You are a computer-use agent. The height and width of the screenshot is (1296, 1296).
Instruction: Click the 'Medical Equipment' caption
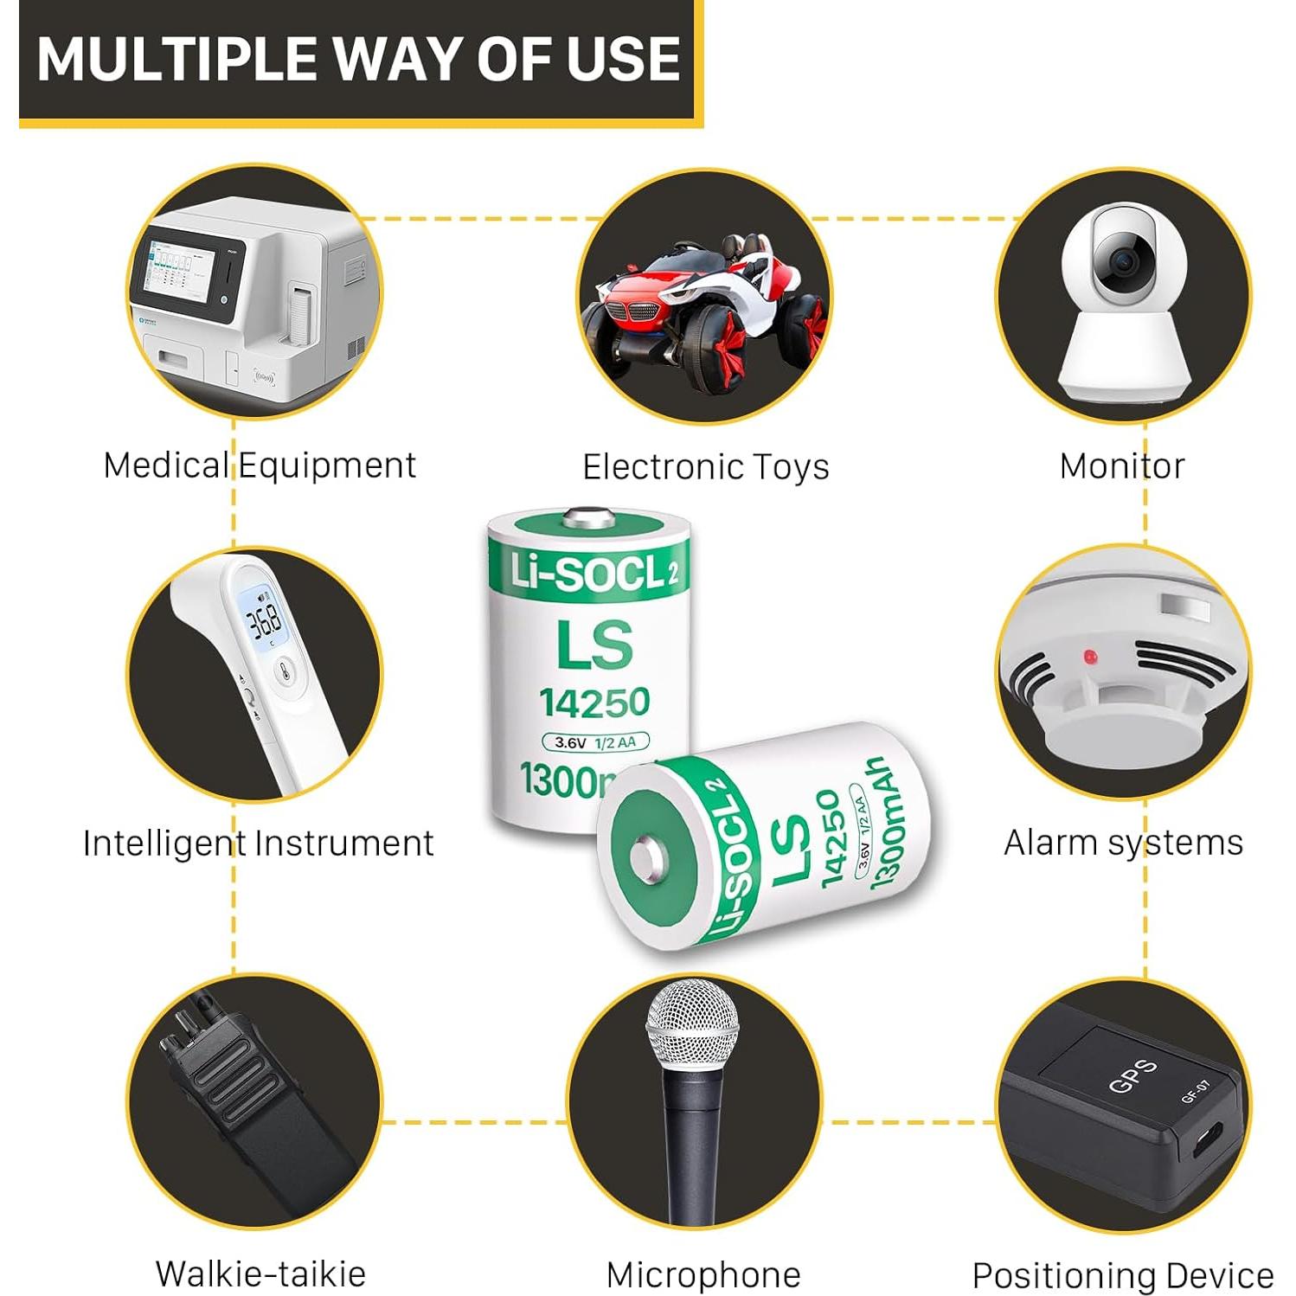coord(259,465)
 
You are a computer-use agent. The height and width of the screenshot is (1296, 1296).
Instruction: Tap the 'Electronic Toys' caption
coord(705,467)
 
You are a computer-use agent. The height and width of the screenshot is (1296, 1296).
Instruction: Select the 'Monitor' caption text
coord(1121,466)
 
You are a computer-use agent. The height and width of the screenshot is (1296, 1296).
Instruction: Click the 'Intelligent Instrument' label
coord(258,843)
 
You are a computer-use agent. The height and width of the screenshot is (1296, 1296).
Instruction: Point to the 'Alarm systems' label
coord(1123,842)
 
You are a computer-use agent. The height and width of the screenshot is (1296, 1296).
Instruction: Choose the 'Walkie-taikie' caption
coord(260,1274)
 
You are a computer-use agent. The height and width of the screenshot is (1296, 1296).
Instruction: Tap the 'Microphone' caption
coord(703,1274)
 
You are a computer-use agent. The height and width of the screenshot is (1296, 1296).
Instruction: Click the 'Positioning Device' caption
coord(1122,1275)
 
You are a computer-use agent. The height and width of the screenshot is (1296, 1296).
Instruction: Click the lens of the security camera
coord(1123,260)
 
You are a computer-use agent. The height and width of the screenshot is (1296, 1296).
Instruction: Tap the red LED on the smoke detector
coord(1090,658)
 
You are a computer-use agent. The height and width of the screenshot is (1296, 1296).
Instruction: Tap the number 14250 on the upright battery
coord(594,703)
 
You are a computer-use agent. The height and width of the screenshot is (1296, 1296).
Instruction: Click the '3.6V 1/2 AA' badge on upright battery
coord(595,742)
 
